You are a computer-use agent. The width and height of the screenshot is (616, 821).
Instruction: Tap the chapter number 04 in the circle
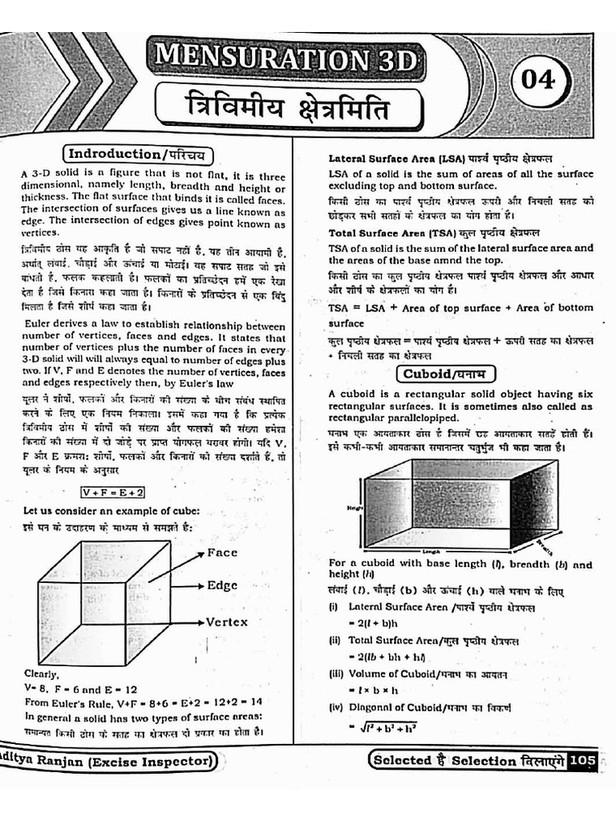[538, 80]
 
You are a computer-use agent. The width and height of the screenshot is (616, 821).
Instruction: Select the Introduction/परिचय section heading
[139, 154]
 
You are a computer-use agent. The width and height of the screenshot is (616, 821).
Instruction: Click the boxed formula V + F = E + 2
[112, 491]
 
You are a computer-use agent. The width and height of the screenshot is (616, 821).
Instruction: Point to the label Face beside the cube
[222, 552]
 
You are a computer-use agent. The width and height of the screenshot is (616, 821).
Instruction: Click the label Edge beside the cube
[222, 585]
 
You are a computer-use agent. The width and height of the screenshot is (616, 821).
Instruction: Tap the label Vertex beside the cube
[227, 621]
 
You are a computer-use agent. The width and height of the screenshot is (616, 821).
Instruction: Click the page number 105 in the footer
[582, 760]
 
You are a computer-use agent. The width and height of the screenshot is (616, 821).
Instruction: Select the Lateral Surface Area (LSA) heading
[440, 159]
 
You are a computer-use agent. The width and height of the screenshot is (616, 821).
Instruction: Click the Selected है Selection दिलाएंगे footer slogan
[467, 760]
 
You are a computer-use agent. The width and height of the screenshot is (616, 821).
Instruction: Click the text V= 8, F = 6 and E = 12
[81, 688]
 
